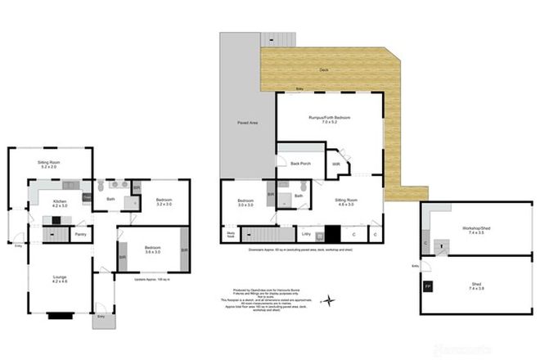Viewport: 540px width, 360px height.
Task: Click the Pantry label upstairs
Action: [x=80, y=235]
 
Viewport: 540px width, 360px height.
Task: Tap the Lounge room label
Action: [x=60, y=279]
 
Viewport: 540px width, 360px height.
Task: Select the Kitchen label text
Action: [x=60, y=202]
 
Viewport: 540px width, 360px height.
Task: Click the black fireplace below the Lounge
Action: [x=60, y=313]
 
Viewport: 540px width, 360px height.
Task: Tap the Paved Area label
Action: [x=248, y=122]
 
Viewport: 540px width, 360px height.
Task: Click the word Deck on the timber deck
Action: [x=325, y=70]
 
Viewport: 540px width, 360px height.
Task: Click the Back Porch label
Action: [x=300, y=164]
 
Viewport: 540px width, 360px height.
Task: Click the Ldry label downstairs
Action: [x=306, y=236]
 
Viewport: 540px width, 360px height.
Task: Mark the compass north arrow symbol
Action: [x=328, y=300]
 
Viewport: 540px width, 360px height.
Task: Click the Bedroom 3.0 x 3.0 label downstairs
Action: [x=245, y=203]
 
